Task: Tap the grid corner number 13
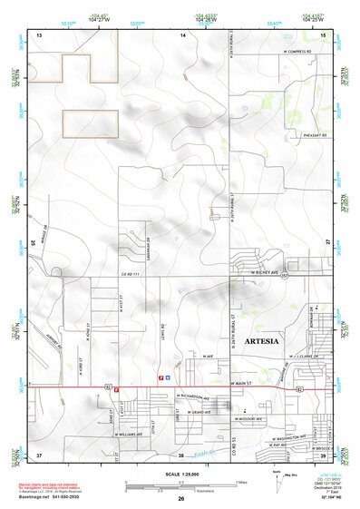tap(39, 34)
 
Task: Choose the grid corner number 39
tap(325, 454)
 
